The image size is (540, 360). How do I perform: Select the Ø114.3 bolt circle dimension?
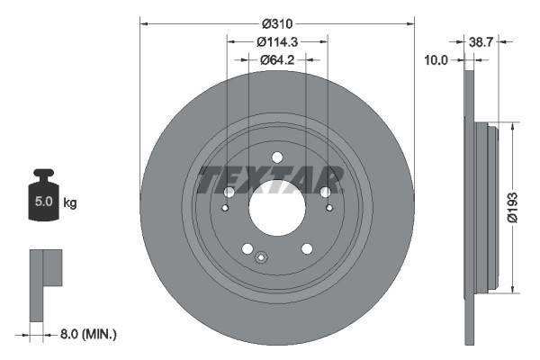[x=276, y=42]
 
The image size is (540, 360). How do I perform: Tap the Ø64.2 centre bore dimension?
[x=276, y=60]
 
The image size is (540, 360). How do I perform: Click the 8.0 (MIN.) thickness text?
[x=87, y=335]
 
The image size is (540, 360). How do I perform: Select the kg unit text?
[x=70, y=203]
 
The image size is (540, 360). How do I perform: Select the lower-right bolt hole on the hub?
[x=306, y=248]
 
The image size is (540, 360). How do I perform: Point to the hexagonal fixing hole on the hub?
[x=261, y=258]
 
